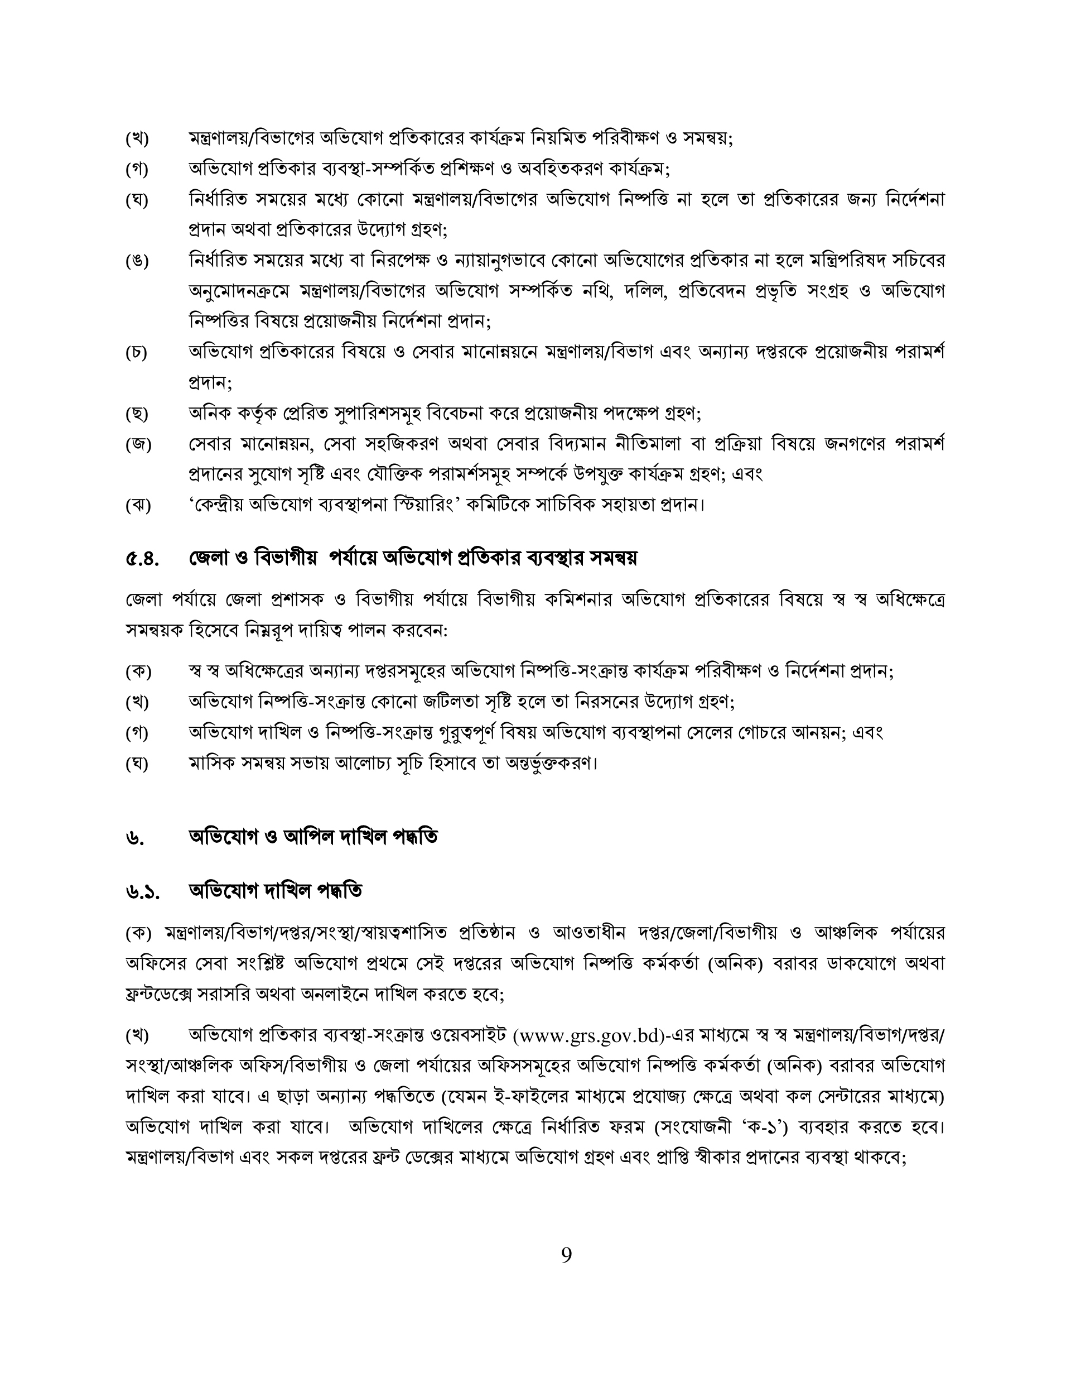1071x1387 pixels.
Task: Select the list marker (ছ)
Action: coord(137,414)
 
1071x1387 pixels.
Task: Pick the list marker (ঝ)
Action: coord(138,506)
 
